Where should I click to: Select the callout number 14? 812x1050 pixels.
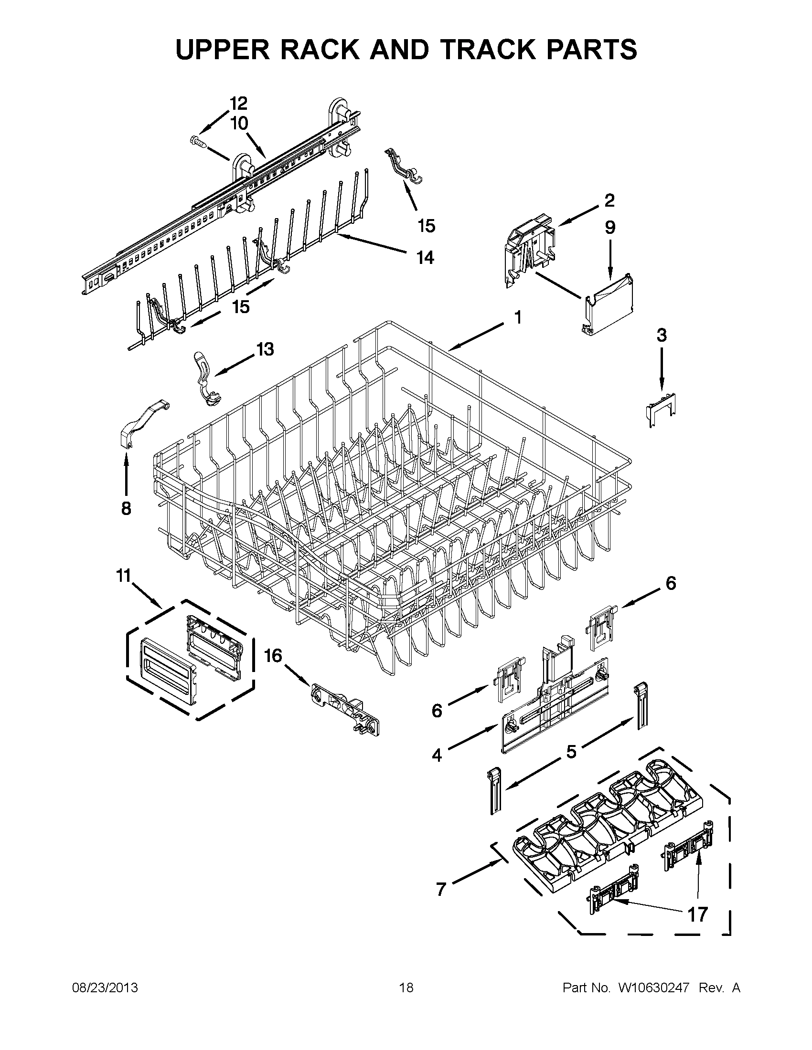tap(425, 258)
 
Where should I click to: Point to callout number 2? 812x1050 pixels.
tap(609, 200)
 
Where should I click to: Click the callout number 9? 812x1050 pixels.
tap(610, 227)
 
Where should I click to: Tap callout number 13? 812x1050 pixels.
tap(265, 349)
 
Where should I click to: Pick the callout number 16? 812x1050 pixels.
tap(273, 655)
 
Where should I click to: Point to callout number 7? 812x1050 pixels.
tap(441, 890)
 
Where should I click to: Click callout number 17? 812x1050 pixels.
tap(697, 914)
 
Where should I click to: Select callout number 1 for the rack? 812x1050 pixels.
tap(518, 317)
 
